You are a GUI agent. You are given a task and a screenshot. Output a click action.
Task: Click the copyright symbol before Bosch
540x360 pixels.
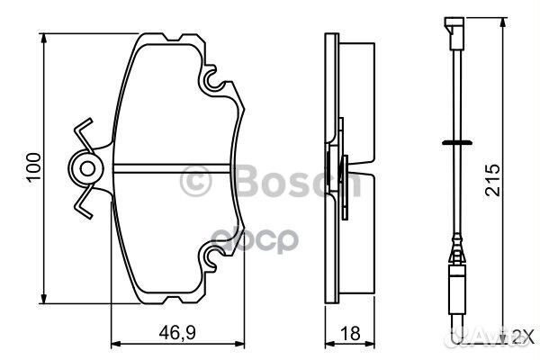(196, 182)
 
